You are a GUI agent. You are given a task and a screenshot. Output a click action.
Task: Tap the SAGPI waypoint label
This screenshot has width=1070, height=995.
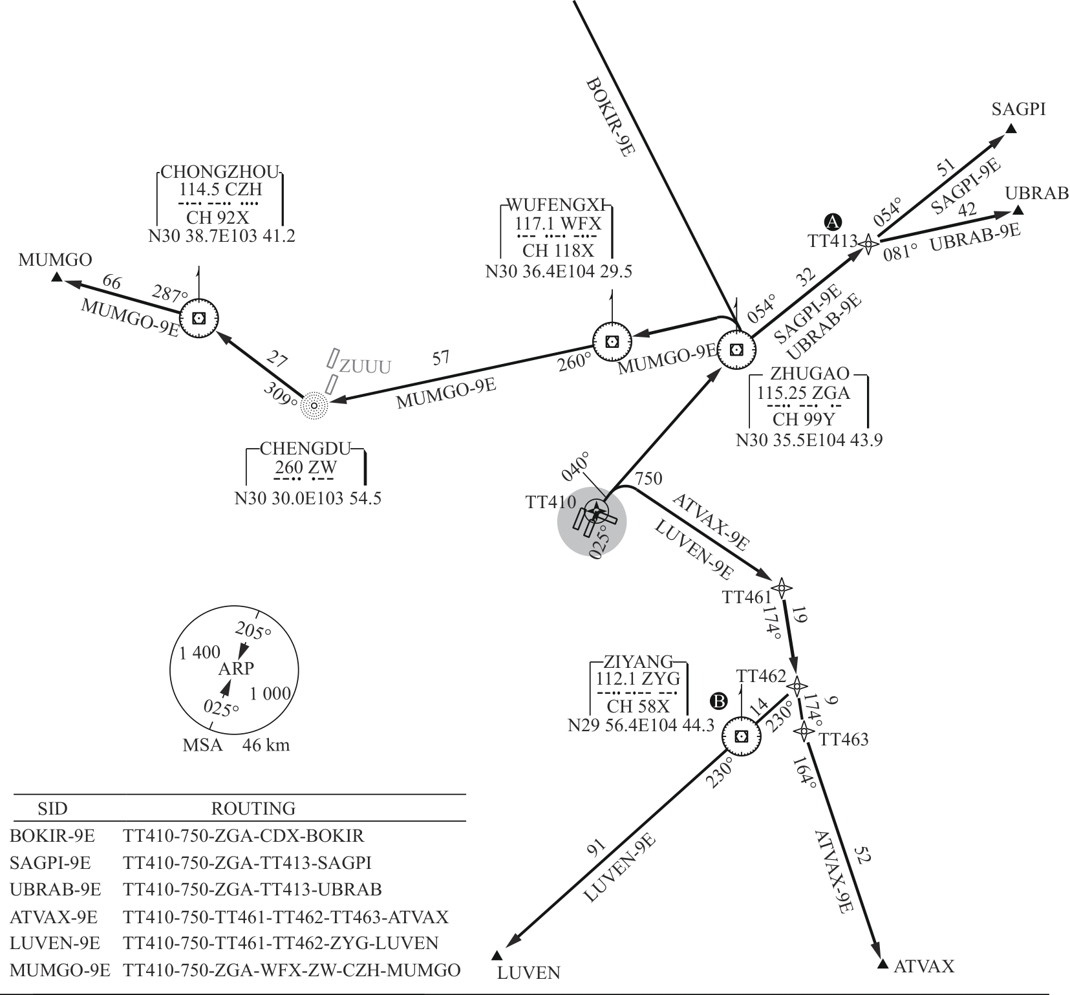point(1018,109)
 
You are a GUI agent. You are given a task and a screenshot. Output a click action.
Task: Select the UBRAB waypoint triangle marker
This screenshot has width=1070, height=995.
point(1018,210)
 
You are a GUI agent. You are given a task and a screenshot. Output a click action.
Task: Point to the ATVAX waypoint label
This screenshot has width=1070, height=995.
point(924,967)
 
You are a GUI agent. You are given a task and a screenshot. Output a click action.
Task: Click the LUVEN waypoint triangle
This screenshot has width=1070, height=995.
point(497,956)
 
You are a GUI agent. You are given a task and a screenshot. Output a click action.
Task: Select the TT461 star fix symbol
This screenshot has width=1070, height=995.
point(782,588)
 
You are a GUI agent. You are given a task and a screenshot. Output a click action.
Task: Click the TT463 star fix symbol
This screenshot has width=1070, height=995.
point(804,731)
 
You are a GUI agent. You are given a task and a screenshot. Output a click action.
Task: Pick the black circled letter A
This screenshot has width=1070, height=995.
point(833,222)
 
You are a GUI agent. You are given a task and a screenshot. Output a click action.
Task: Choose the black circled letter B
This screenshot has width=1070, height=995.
point(718,700)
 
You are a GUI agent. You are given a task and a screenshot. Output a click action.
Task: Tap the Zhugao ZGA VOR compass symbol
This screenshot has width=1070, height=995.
point(735,350)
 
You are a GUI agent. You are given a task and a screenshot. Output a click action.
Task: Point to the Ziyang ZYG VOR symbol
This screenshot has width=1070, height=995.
point(742,736)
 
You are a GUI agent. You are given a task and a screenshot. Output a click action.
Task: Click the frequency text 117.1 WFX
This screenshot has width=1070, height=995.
point(558,225)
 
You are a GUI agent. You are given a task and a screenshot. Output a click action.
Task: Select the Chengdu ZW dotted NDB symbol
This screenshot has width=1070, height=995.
point(315,405)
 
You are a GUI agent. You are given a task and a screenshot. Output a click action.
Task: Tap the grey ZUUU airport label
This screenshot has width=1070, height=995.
point(365,367)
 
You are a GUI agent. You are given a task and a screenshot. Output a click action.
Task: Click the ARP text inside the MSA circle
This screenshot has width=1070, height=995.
point(236,669)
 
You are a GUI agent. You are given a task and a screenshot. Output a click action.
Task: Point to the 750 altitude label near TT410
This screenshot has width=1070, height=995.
point(648,479)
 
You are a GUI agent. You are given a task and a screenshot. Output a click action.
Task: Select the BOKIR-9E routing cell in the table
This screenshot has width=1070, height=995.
point(243,836)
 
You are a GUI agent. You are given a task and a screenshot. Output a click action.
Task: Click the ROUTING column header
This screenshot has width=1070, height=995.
point(253,808)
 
